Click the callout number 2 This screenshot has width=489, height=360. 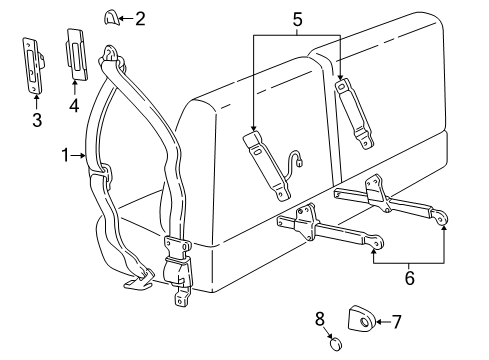140,17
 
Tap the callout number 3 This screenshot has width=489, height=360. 36,120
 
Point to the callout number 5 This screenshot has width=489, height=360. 297,18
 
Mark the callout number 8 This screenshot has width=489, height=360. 320,319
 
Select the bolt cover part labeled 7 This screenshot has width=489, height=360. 359,321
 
